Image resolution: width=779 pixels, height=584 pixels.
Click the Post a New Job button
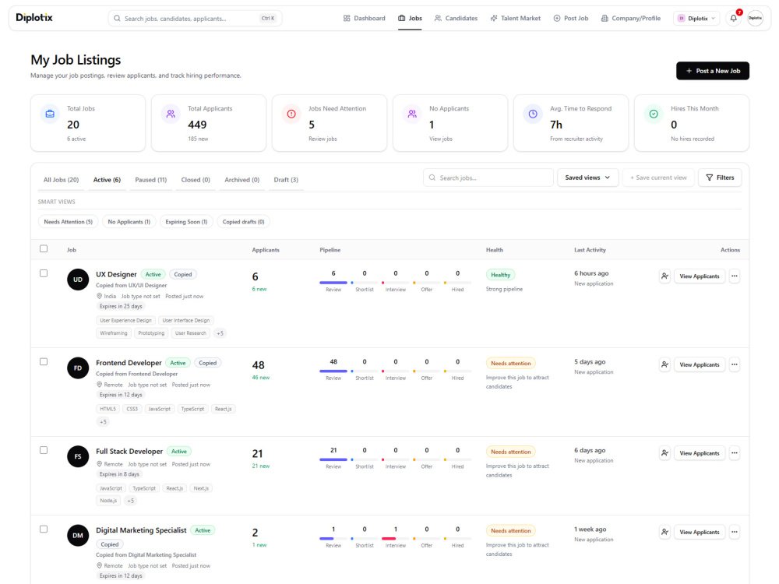(x=713, y=71)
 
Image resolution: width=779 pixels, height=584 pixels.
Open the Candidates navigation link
(x=456, y=19)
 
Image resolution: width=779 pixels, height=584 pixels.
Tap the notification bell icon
(x=733, y=19)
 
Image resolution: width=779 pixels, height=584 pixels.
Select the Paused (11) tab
(x=150, y=180)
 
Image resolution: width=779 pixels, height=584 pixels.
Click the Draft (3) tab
(x=286, y=180)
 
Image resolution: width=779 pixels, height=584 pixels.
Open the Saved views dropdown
(x=587, y=178)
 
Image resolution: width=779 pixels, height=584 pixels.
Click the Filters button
(x=720, y=178)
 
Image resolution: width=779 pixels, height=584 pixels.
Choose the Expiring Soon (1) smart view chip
(x=186, y=222)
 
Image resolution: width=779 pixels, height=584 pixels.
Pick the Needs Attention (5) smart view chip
(x=68, y=222)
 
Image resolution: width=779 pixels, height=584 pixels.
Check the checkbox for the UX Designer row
(x=44, y=273)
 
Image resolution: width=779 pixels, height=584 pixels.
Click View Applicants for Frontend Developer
(x=699, y=365)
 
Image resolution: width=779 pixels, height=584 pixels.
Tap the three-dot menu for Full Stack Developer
(x=735, y=453)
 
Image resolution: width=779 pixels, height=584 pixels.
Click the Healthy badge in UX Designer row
(x=500, y=275)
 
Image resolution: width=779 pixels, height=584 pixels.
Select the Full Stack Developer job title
(x=129, y=452)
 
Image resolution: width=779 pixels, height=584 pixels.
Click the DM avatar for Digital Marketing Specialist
(x=78, y=536)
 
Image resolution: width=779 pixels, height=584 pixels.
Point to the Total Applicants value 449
(x=197, y=125)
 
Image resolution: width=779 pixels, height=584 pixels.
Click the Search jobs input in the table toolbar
(x=488, y=178)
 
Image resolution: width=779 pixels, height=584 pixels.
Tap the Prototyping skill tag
(x=151, y=333)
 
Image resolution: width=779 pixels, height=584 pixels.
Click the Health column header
(x=495, y=250)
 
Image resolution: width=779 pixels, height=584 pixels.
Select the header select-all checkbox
(x=44, y=249)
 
